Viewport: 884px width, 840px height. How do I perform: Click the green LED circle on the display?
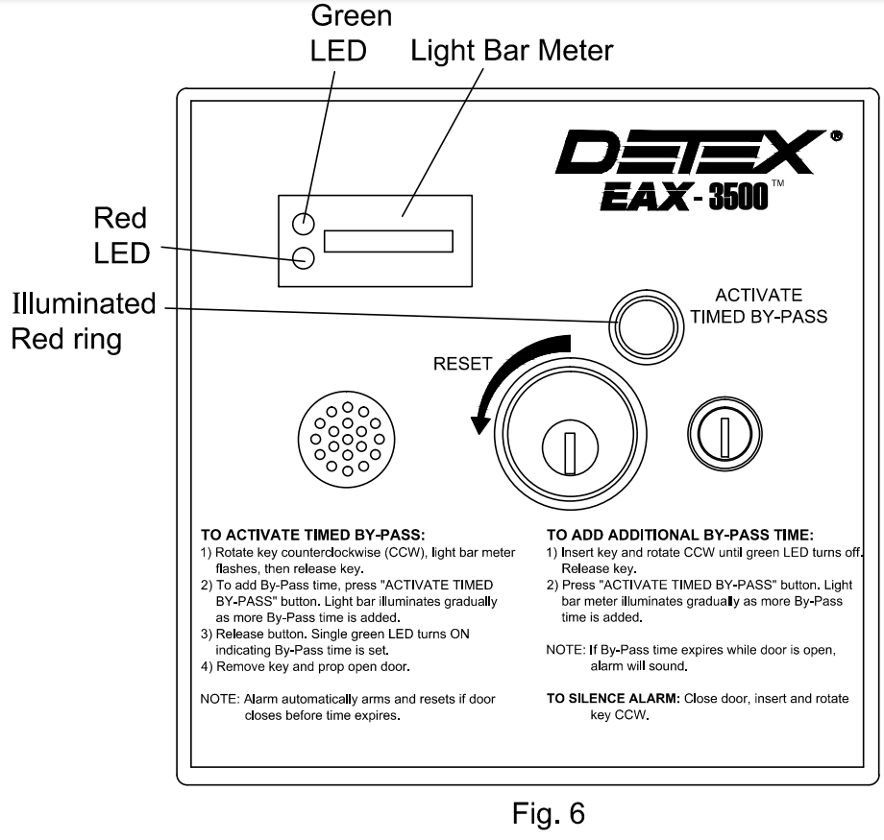[303, 224]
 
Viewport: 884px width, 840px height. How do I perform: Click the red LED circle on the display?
[303, 257]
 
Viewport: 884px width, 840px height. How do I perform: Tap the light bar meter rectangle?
[388, 241]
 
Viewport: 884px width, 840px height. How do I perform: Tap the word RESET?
[461, 365]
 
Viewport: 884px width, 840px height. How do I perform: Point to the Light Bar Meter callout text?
[511, 50]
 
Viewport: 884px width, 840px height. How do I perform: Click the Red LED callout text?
[121, 236]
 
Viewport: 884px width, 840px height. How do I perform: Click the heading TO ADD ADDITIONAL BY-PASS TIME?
[683, 534]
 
